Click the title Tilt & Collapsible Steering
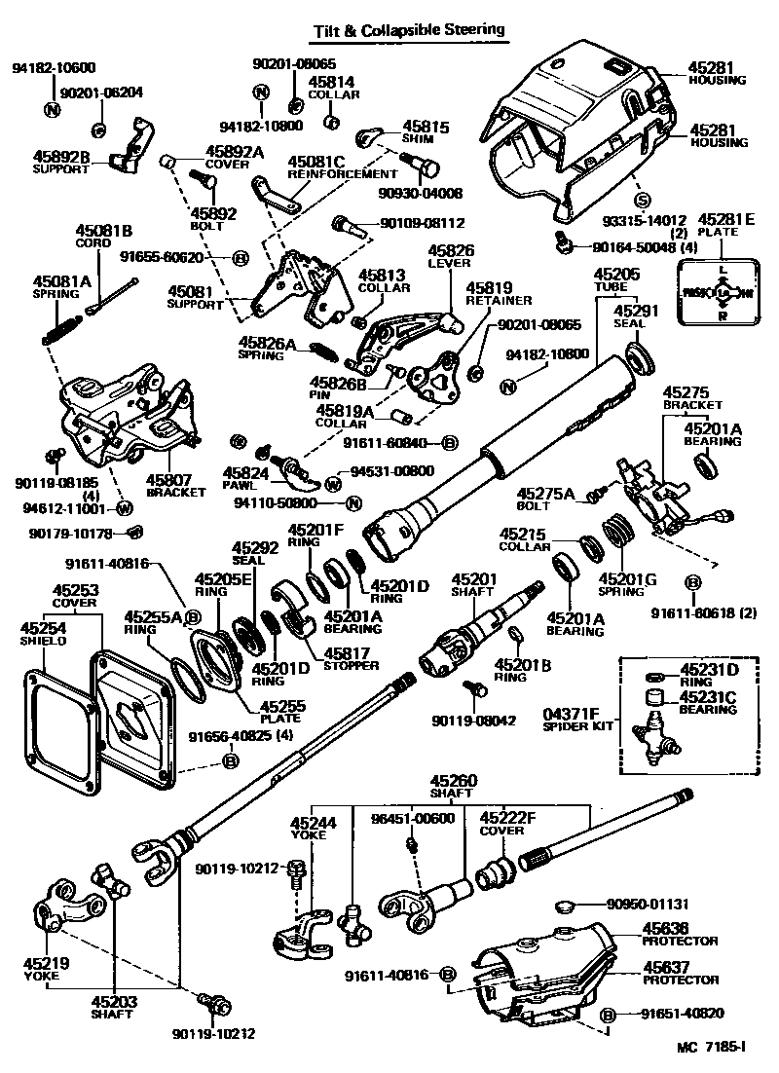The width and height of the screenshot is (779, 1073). tap(408, 30)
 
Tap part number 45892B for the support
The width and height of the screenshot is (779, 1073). tap(61, 156)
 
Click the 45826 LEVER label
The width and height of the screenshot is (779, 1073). tap(450, 251)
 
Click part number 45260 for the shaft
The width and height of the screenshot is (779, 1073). tap(454, 781)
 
